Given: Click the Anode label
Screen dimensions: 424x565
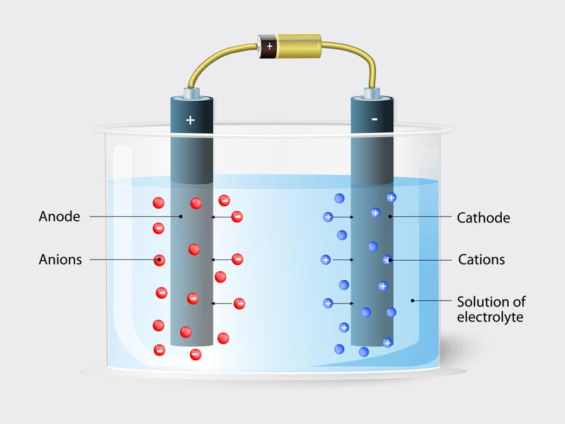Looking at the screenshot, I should pyautogui.click(x=59, y=217).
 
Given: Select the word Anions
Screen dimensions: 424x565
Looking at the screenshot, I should pyautogui.click(x=60, y=259).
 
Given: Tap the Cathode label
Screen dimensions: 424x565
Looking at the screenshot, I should pyautogui.click(x=483, y=218).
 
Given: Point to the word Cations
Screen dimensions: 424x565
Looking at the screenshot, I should pyautogui.click(x=481, y=259).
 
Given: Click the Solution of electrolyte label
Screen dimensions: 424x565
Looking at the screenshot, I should pyautogui.click(x=491, y=309).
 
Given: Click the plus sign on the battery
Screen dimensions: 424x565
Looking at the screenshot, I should pyautogui.click(x=269, y=45).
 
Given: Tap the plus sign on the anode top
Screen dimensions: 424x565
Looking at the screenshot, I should pyautogui.click(x=190, y=120).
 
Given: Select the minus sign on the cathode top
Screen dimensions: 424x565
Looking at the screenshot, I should pyautogui.click(x=374, y=119).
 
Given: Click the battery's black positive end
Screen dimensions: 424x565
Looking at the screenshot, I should pyautogui.click(x=267, y=46).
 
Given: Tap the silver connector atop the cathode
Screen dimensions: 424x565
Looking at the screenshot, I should pyautogui.click(x=372, y=93).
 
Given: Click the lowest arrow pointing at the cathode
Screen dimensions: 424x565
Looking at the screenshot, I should pyautogui.click(x=343, y=303).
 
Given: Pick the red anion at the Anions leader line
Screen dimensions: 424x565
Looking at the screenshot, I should pyautogui.click(x=159, y=260).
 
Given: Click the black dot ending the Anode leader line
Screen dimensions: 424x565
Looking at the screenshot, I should pyautogui.click(x=181, y=217).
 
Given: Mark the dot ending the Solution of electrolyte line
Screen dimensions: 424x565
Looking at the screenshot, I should pyautogui.click(x=412, y=301).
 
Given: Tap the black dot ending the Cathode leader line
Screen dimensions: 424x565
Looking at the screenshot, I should pyautogui.click(x=390, y=217).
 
